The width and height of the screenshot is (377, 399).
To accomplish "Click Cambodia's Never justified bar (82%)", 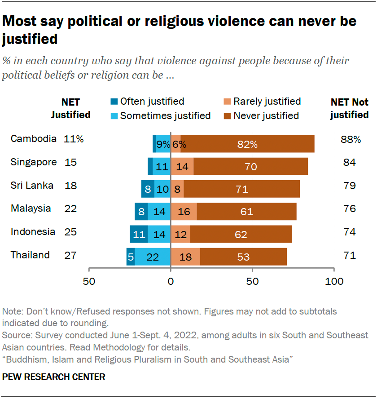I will pos(247,144).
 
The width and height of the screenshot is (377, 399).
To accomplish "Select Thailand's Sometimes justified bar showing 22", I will pos(153,256).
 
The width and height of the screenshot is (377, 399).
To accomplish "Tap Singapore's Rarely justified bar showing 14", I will pos(182,167).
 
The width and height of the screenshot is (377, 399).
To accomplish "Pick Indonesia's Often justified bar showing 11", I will pos(139,234).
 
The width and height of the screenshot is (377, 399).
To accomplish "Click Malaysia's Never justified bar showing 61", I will pos(246,211).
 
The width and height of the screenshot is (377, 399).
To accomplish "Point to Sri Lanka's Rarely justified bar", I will pos(177,189).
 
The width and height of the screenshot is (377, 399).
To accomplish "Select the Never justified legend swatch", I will pos(227,115).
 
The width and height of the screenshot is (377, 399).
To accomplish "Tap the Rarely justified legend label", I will pos(267,102).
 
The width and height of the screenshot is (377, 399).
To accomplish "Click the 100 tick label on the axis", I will pos(334,282).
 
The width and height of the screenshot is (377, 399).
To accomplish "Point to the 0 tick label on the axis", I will pos(171,282).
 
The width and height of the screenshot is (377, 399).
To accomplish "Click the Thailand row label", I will pos(30,255).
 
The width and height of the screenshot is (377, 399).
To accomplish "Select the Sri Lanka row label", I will pos(32,185).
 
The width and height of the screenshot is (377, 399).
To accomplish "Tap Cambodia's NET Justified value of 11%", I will pos(74,139).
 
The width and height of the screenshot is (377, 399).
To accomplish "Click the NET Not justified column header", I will pos(349,108).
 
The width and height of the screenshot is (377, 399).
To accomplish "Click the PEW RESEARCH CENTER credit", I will pos(54,377).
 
